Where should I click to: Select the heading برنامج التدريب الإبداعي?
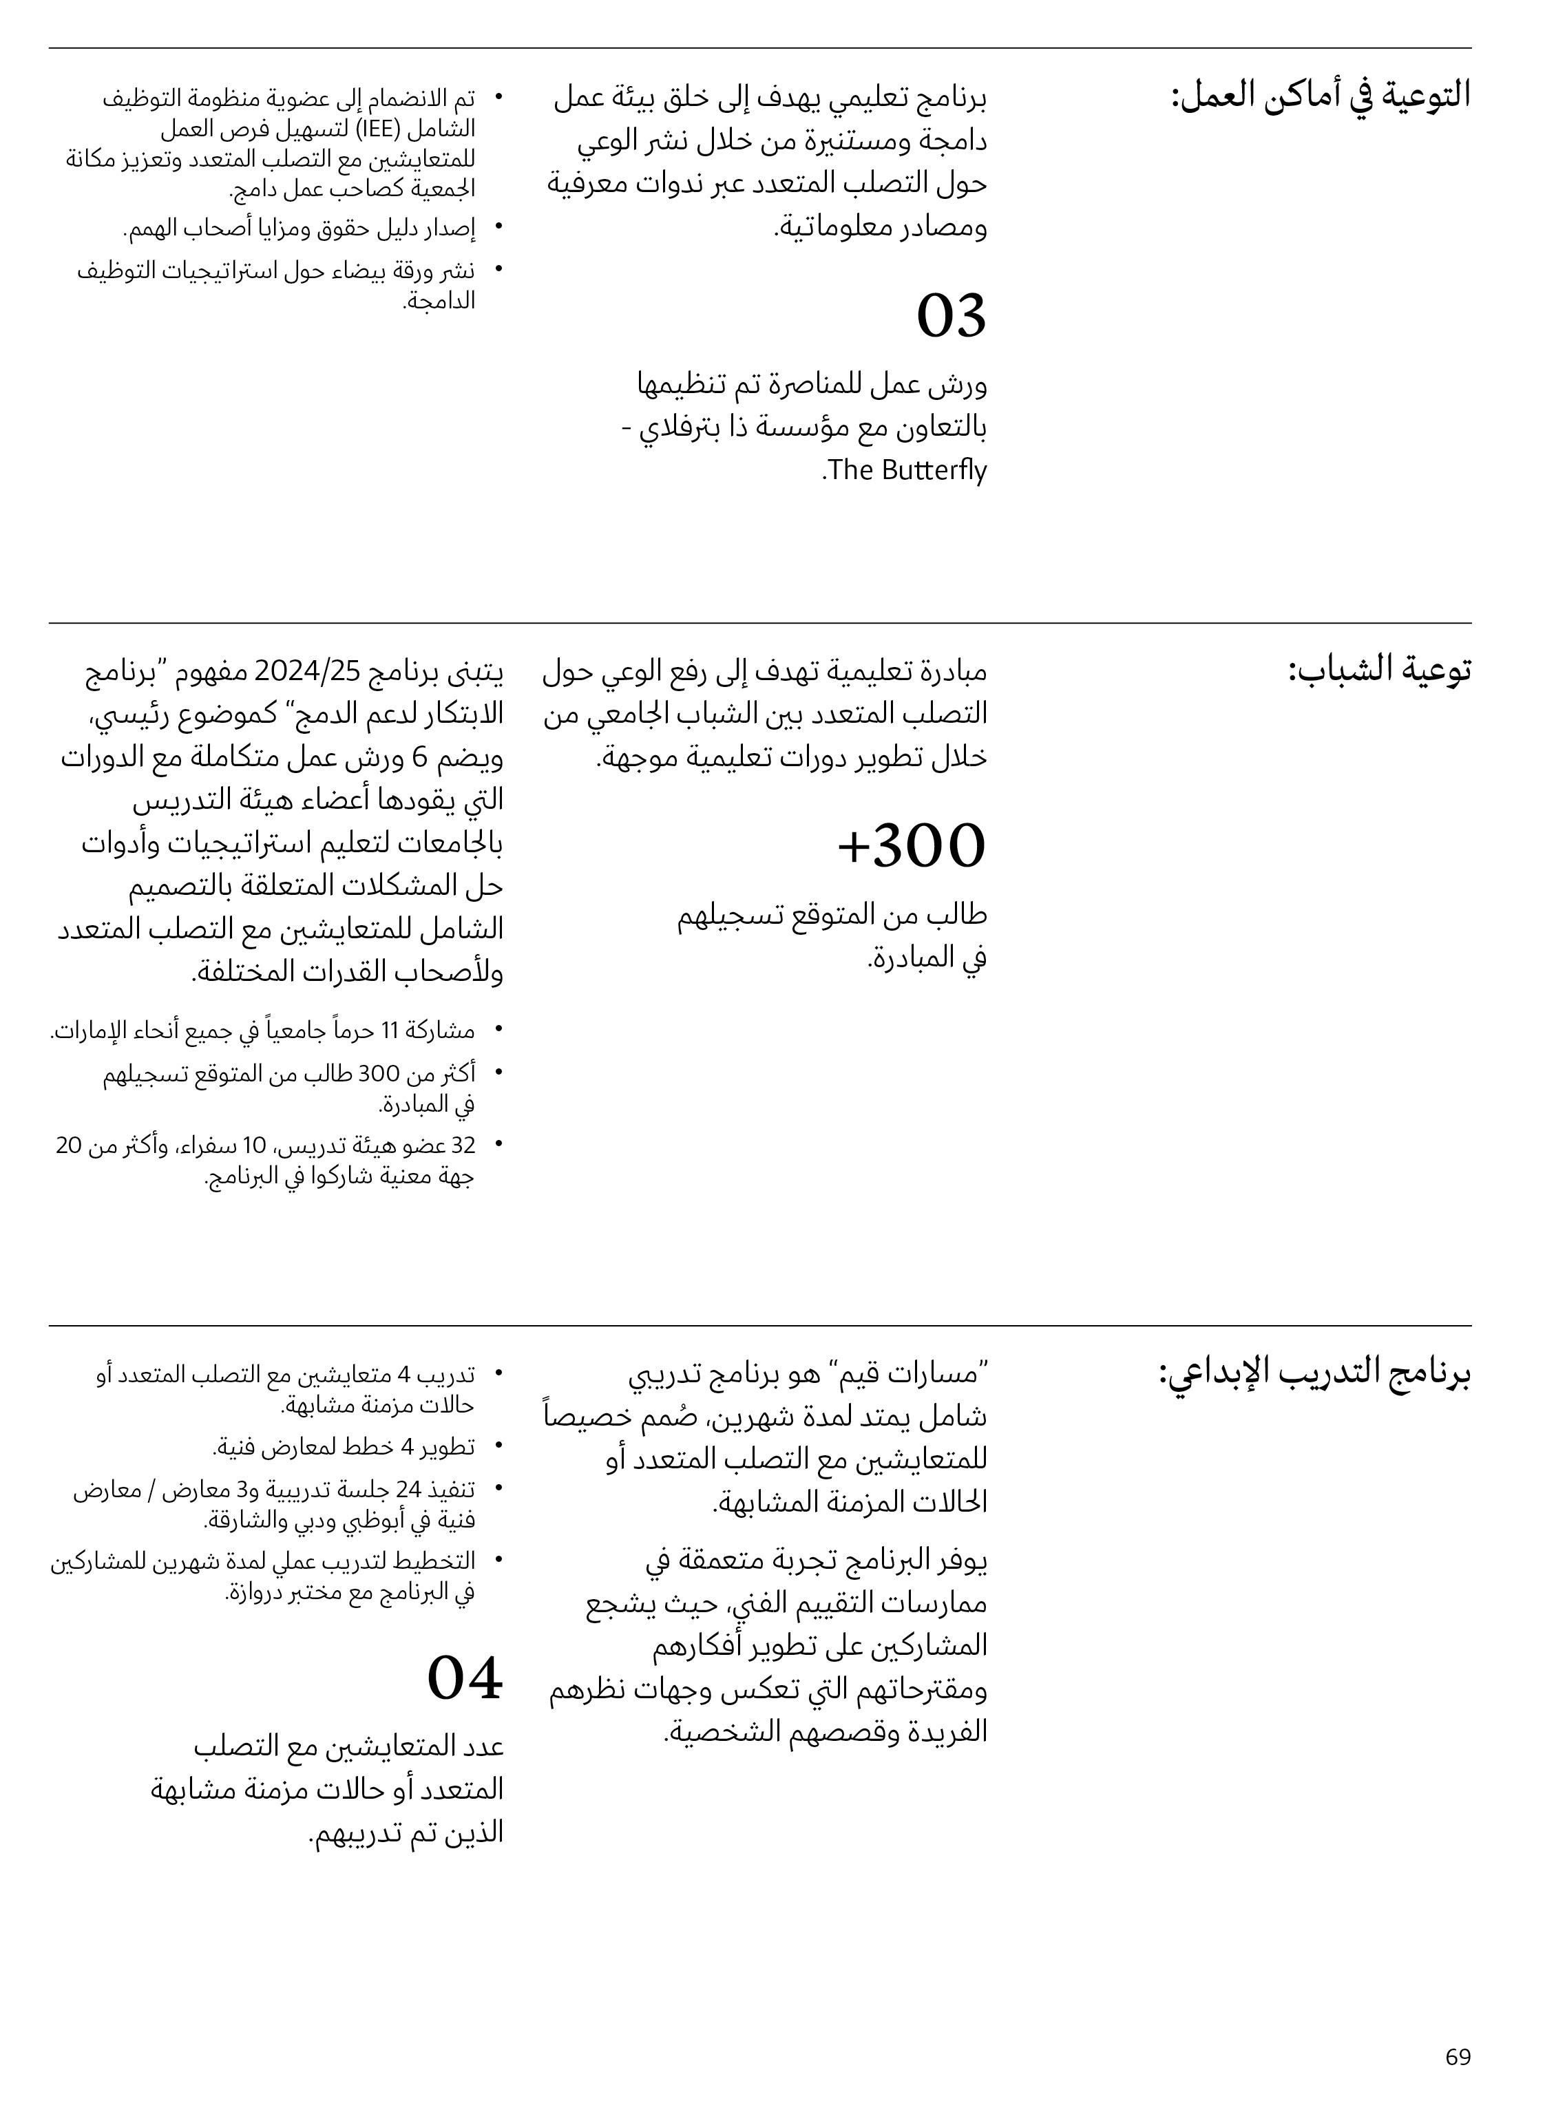(x=1314, y=1373)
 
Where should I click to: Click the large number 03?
(x=951, y=316)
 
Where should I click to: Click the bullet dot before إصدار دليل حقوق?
(x=498, y=227)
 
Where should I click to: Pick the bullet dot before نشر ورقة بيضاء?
(x=498, y=271)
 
